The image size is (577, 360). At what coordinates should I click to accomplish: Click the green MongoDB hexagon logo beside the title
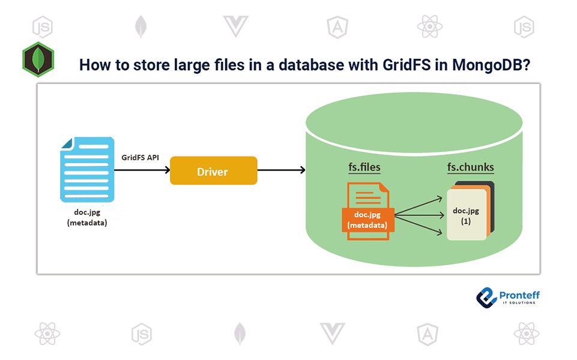pyautogui.click(x=38, y=59)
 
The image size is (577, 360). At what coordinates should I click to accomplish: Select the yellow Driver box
pyautogui.click(x=213, y=172)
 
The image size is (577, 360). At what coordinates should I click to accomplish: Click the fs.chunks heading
pyautogui.click(x=471, y=167)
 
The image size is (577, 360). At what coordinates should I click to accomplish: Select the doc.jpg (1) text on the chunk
pyautogui.click(x=465, y=215)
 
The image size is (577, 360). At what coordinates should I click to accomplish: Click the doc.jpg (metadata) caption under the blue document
pyautogui.click(x=87, y=218)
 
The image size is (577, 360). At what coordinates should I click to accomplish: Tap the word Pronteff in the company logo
pyautogui.click(x=519, y=295)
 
